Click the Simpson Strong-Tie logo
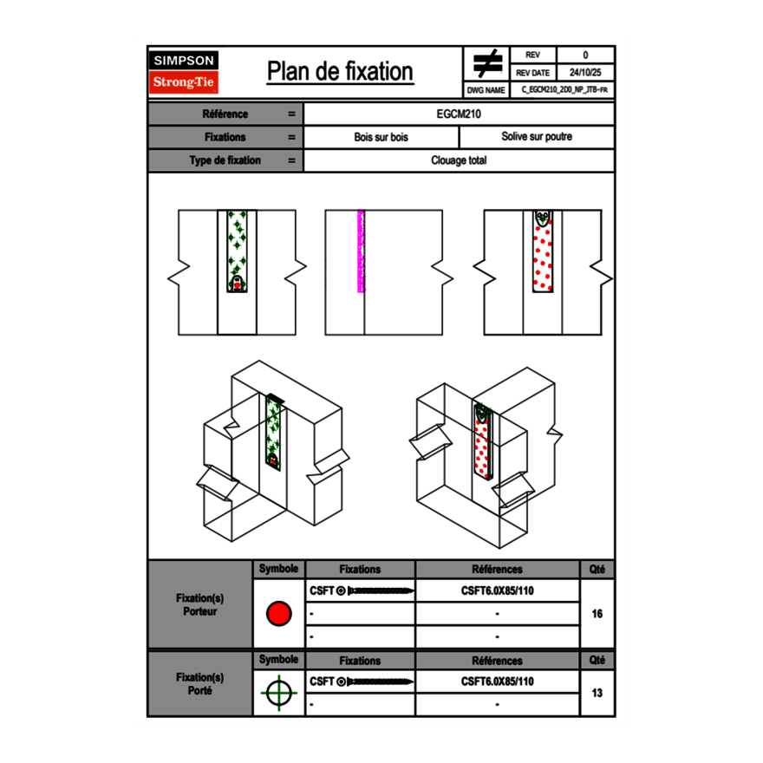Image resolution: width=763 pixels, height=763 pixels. [x=185, y=72]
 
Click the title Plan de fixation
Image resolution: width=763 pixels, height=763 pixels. [x=340, y=72]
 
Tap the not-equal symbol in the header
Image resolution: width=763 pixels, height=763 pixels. [x=487, y=63]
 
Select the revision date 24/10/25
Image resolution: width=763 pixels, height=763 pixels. [x=585, y=73]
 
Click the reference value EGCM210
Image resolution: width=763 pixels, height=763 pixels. [x=460, y=114]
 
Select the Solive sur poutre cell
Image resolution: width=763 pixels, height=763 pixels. [x=537, y=137]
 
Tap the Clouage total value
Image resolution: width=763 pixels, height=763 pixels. [x=460, y=160]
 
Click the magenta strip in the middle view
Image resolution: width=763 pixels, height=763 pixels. [x=361, y=251]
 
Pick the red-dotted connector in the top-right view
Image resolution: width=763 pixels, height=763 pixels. [x=543, y=251]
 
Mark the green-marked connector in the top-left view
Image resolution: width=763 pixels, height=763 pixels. [x=237, y=251]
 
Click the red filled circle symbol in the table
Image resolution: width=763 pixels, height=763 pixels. [x=278, y=614]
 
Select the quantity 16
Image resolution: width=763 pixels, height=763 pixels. [x=597, y=614]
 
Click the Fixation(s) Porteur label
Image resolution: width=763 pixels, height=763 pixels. [x=200, y=605]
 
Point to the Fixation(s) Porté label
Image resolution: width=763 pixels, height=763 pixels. [x=200, y=684]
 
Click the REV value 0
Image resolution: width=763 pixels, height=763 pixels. [x=585, y=55]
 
